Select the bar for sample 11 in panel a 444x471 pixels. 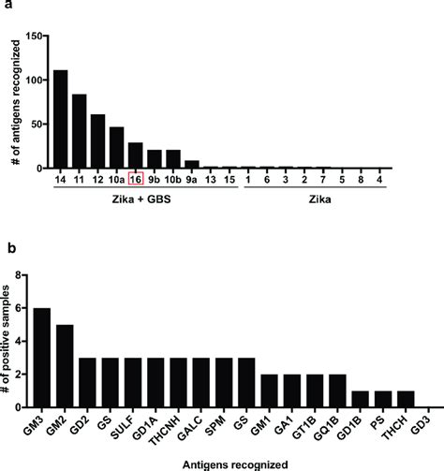click(79, 131)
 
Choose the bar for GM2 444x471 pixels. click(63, 366)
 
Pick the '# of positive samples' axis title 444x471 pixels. click(7, 342)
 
